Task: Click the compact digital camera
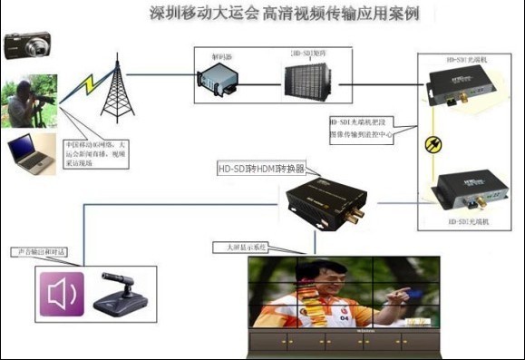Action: pyautogui.click(x=27, y=44)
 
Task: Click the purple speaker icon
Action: pyautogui.click(x=60, y=294)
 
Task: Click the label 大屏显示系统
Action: pyautogui.click(x=238, y=247)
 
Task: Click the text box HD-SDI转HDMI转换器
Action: pyautogui.click(x=262, y=169)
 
